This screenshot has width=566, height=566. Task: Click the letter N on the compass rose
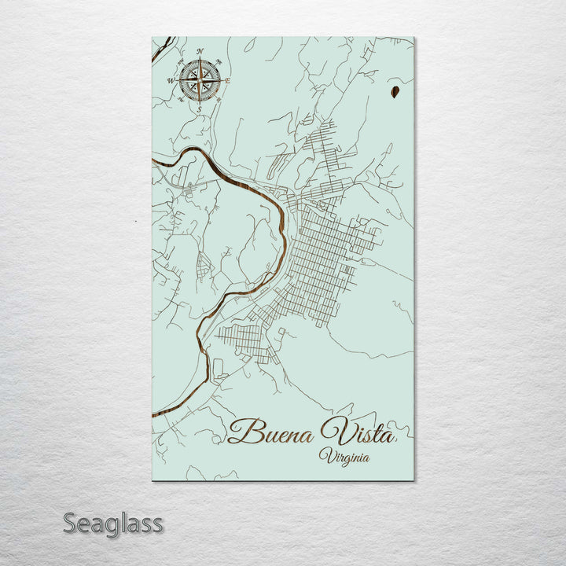200,52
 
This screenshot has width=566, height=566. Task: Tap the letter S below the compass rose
200,109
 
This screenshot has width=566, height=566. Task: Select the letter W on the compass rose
171,80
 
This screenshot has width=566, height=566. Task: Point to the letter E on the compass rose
229,80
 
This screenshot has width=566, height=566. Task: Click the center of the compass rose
200,80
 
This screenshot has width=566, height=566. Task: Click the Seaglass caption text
112,523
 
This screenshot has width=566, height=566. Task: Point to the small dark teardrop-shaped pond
392,94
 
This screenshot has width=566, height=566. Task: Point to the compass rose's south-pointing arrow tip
200,101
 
